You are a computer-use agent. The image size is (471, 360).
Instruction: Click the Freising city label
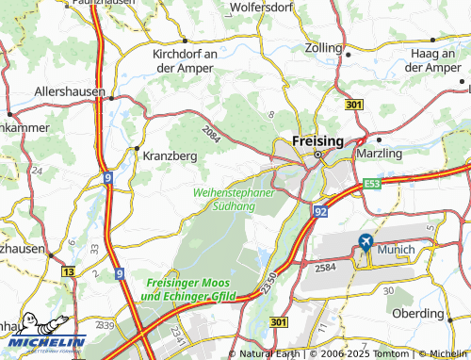coord(317,139)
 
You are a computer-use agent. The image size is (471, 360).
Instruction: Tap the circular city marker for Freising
coord(318,154)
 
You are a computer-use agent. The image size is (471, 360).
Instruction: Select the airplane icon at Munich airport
coord(364,243)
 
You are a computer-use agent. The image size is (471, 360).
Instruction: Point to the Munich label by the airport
coord(396,251)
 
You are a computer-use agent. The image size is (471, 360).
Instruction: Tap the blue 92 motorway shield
coord(320,213)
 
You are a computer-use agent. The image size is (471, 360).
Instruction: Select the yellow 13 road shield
coord(68,270)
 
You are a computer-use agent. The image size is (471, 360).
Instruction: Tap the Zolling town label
coord(324,46)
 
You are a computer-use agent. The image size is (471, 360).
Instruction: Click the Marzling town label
coord(380,152)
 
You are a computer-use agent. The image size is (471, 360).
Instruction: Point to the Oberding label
coord(416,313)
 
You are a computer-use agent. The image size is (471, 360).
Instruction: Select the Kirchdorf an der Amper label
coord(186,60)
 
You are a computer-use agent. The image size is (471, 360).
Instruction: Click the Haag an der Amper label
coord(429,60)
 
